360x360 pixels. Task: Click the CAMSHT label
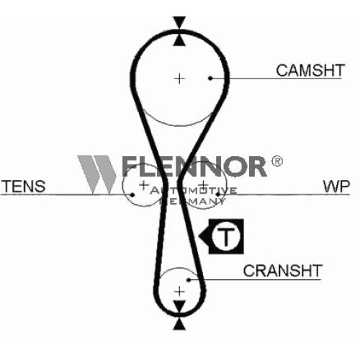click(x=310, y=71)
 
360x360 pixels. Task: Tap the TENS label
click(x=24, y=186)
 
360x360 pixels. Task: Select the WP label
click(x=336, y=186)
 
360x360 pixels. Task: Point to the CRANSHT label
click(x=282, y=271)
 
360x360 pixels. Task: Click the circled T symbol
click(x=226, y=236)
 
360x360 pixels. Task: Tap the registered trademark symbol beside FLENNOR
click(x=277, y=161)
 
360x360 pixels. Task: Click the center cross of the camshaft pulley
click(x=179, y=79)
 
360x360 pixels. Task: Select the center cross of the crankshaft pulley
click(x=179, y=292)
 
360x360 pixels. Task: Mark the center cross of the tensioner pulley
click(x=143, y=185)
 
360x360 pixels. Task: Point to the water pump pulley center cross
click(x=204, y=185)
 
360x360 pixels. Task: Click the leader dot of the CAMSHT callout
click(x=210, y=78)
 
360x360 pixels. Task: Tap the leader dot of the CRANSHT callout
click(x=189, y=280)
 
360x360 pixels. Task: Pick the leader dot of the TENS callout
click(x=132, y=194)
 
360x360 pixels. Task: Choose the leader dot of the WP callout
click(x=218, y=194)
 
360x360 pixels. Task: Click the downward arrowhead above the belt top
click(x=179, y=22)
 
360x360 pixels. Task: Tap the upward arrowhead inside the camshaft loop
click(x=179, y=40)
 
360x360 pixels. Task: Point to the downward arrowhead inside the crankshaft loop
click(x=179, y=306)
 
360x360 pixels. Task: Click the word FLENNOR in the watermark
click(x=194, y=166)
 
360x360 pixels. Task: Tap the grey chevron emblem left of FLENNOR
click(x=97, y=175)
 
